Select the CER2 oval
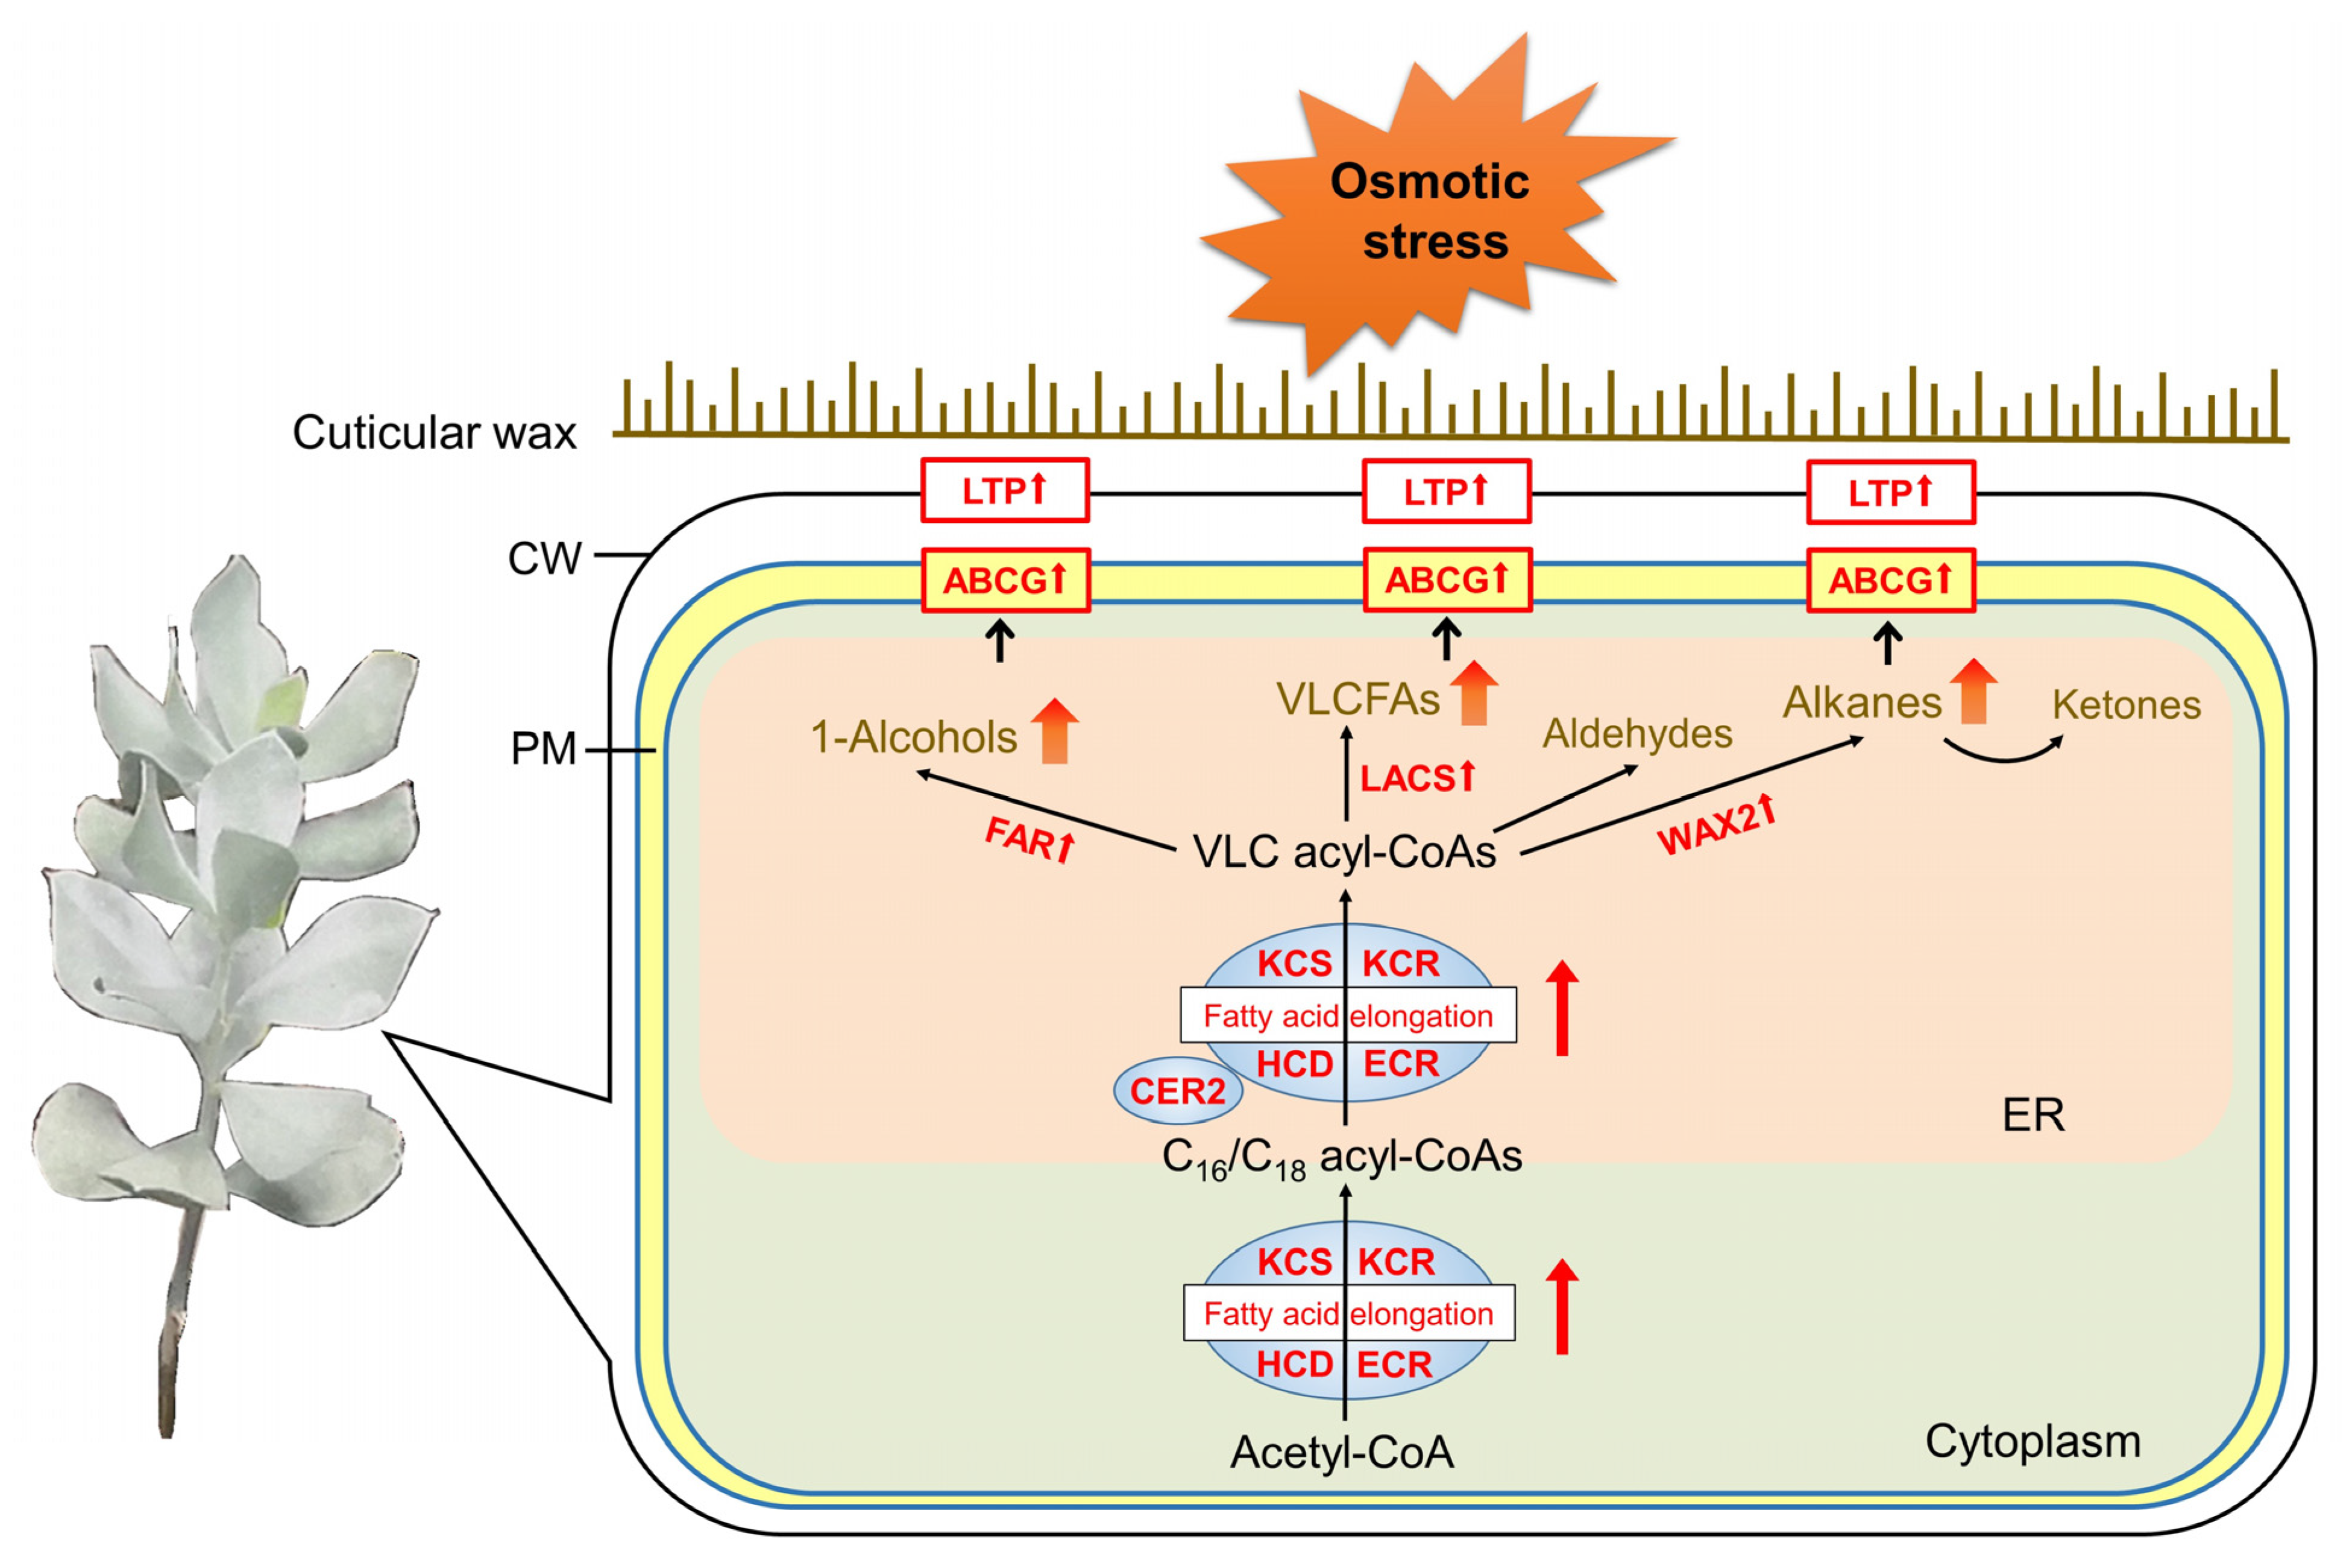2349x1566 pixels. [x=1177, y=1091]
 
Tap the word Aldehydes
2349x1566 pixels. [x=1637, y=734]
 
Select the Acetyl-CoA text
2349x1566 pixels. [x=1342, y=1452]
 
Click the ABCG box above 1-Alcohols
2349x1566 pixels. [x=1004, y=580]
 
